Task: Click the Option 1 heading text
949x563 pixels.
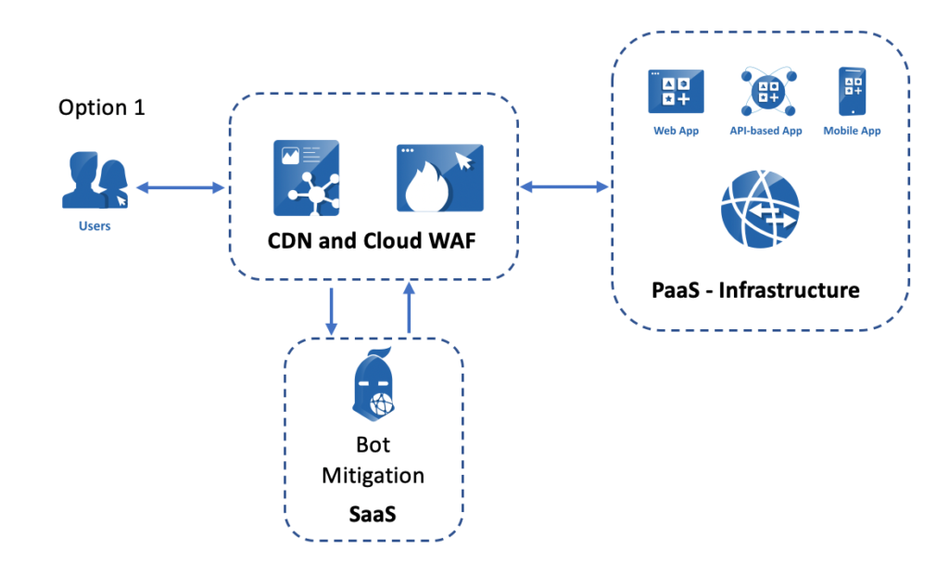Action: click(102, 108)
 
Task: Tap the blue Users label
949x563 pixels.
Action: click(95, 225)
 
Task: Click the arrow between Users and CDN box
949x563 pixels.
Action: click(181, 188)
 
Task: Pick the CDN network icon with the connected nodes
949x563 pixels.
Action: click(306, 177)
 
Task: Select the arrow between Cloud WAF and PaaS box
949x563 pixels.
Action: click(563, 188)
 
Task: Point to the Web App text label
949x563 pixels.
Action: click(676, 131)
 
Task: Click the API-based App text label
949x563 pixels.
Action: click(766, 131)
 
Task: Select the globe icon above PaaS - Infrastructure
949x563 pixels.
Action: click(759, 210)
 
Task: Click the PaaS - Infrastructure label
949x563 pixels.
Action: click(755, 290)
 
